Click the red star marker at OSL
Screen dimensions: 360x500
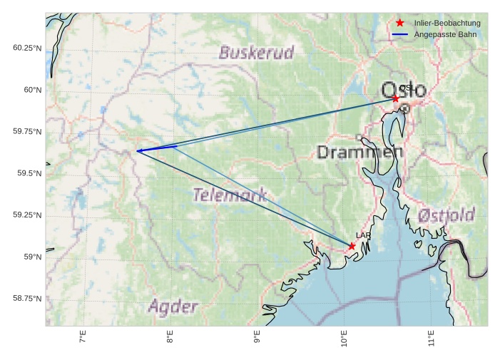[x=395, y=98]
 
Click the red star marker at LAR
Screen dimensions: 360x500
[x=352, y=246]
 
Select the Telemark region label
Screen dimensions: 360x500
[x=230, y=194]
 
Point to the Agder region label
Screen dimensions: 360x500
[x=173, y=307]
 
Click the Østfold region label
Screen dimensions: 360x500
[x=446, y=215]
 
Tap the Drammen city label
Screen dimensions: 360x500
[x=359, y=152]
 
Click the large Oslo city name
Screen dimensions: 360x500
[x=404, y=91]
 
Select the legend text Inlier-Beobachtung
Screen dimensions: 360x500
[x=447, y=24]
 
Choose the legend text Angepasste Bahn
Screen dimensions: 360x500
[x=445, y=34]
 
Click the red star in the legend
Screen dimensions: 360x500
[x=400, y=24]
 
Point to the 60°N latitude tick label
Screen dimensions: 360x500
[x=32, y=90]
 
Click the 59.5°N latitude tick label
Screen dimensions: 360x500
[x=27, y=173]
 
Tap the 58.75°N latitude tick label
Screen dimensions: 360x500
[x=27, y=298]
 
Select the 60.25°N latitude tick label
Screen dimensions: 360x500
[x=27, y=48]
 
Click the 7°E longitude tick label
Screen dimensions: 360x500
[x=83, y=337]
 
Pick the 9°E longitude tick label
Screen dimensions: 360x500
[x=257, y=337]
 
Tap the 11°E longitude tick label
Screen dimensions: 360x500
[x=432, y=337]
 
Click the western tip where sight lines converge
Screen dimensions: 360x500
[x=137, y=150]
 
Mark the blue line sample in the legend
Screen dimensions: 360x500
[x=400, y=34]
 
